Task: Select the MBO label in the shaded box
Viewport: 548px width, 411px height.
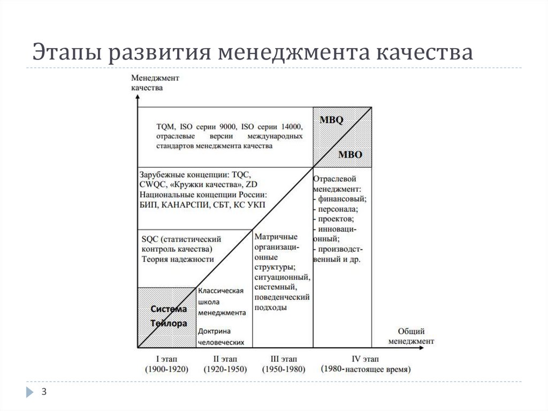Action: [351, 155]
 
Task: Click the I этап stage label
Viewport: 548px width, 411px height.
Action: [167, 358]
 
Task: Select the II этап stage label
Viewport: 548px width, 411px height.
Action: [223, 358]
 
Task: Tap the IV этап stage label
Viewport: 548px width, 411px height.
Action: [364, 358]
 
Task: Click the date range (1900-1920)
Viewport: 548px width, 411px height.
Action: [167, 369]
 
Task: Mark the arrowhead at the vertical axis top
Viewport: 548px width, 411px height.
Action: [138, 97]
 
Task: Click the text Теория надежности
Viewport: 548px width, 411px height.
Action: [178, 259]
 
